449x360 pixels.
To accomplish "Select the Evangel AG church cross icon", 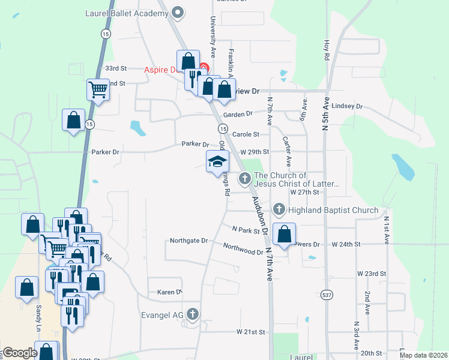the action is (192, 313).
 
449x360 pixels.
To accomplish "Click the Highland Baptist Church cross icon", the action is (279, 209).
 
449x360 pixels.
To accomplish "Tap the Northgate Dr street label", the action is (188, 241).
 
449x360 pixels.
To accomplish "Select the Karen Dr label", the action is (169, 292).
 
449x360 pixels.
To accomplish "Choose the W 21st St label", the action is (250, 332).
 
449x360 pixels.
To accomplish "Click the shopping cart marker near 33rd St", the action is (98, 91).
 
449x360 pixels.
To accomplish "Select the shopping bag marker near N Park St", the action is (285, 233).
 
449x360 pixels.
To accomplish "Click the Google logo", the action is (20, 353).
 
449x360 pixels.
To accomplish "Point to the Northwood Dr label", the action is (243, 248).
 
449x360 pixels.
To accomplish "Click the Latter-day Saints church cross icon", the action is (245, 178).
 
